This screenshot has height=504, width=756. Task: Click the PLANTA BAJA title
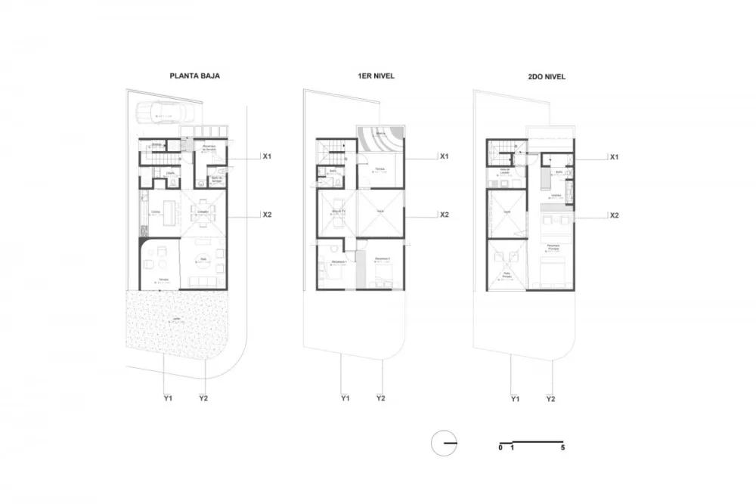194,76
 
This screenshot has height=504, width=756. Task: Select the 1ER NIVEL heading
376,76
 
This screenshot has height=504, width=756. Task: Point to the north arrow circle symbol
443,442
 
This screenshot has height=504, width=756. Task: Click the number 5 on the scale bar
563,448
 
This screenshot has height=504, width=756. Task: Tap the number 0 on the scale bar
500,448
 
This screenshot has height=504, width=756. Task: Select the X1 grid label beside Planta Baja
267,156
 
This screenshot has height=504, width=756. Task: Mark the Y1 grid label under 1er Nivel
345,398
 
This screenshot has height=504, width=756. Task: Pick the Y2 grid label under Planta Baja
203,398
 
